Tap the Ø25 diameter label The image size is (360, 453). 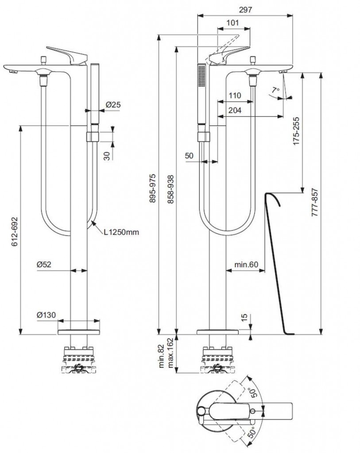click(x=113, y=105)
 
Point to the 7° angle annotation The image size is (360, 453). click(x=275, y=90)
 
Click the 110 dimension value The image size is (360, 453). click(x=235, y=96)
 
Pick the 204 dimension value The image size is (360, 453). click(x=236, y=111)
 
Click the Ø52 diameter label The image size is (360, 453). click(x=45, y=264)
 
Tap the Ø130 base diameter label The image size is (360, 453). click(x=46, y=315)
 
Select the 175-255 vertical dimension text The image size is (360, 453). click(x=296, y=131)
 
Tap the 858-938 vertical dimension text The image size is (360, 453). click(x=170, y=188)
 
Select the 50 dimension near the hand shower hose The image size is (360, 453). click(x=189, y=156)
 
